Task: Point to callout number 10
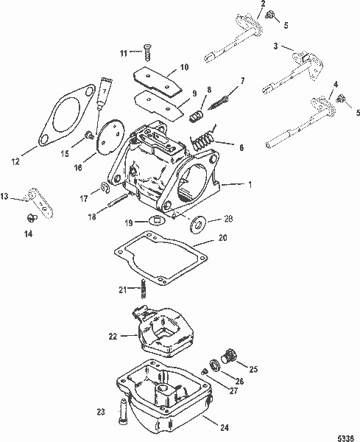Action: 184,67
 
